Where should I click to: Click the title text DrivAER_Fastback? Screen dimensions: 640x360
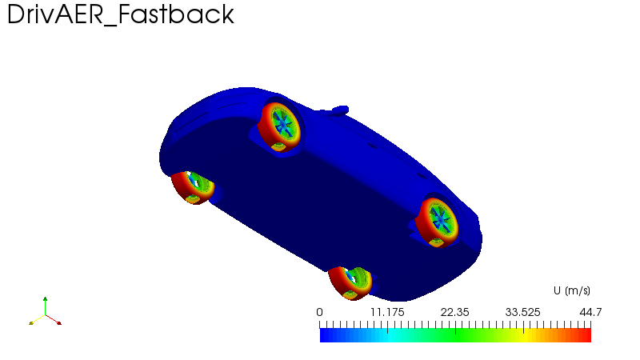[x=121, y=15]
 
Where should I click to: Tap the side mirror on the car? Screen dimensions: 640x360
[x=339, y=110]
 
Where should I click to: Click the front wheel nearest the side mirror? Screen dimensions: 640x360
[x=280, y=127]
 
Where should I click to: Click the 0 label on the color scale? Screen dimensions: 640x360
[x=319, y=312]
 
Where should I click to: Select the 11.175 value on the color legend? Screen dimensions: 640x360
[x=387, y=312]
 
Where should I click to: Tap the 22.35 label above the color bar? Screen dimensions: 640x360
[x=454, y=312]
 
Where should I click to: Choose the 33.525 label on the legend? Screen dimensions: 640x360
[x=523, y=312]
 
